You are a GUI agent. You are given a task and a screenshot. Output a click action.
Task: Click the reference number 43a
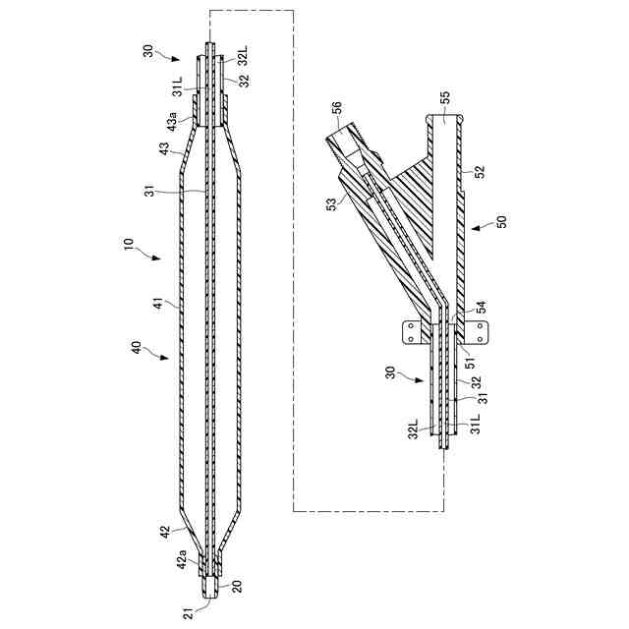pos(174,123)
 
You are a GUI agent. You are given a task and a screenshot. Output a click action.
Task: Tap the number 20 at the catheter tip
pos(237,587)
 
